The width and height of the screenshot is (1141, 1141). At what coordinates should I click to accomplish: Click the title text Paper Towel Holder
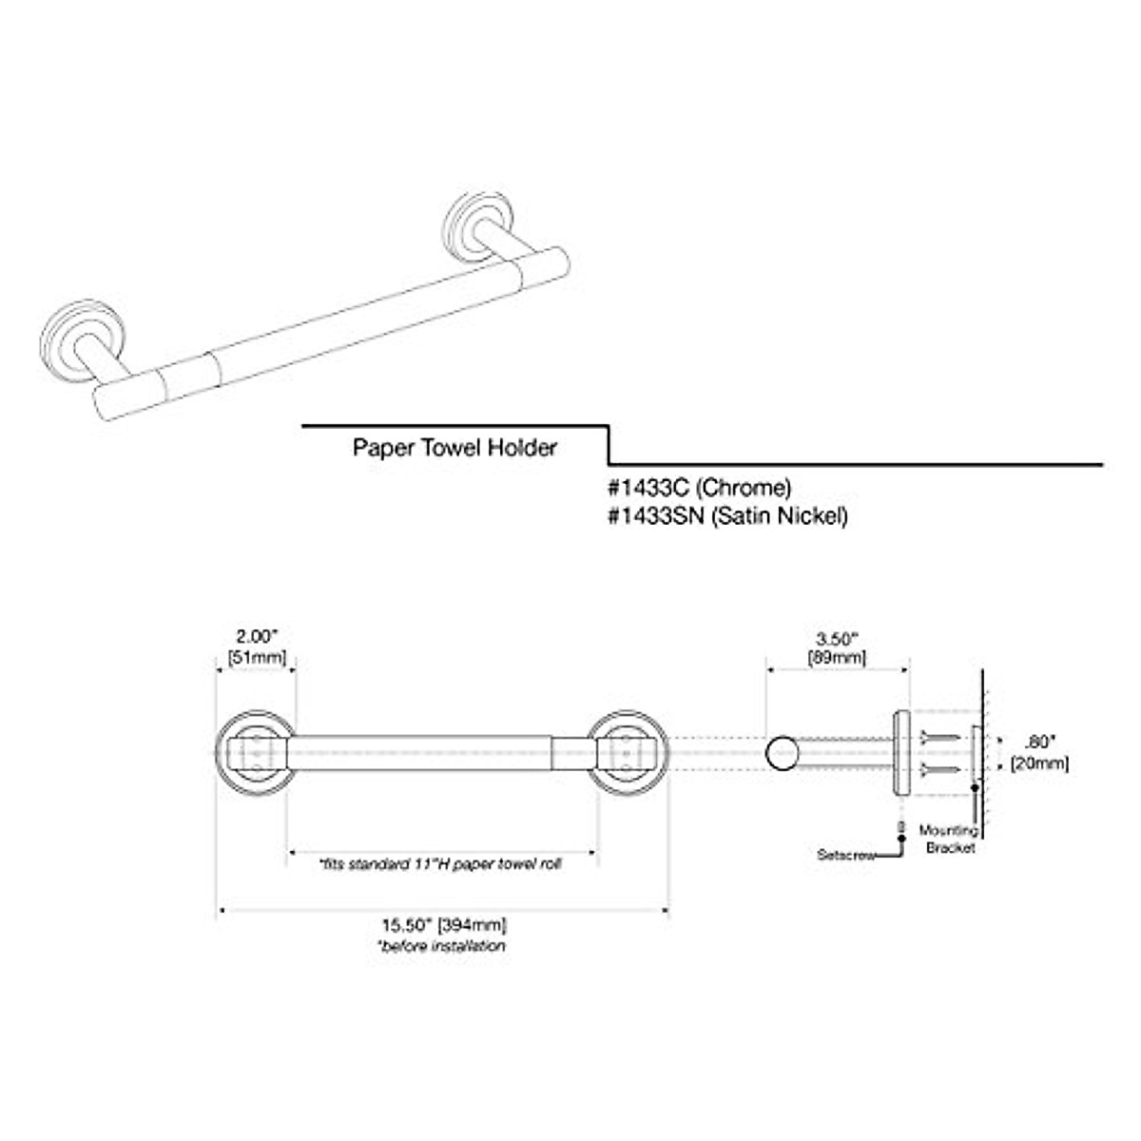tap(454, 448)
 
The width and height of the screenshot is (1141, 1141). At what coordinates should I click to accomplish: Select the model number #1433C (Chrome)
tap(699, 489)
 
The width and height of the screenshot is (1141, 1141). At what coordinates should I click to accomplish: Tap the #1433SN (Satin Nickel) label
tap(726, 516)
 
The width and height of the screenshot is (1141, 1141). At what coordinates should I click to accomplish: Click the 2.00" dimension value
tap(255, 636)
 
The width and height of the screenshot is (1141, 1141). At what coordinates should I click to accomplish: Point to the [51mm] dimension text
tap(255, 655)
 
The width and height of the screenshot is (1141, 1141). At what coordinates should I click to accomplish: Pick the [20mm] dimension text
tap(1042, 763)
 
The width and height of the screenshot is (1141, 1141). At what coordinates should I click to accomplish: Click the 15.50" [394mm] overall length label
tap(443, 925)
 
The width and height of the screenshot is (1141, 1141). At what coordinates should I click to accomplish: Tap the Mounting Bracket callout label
tap(948, 839)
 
